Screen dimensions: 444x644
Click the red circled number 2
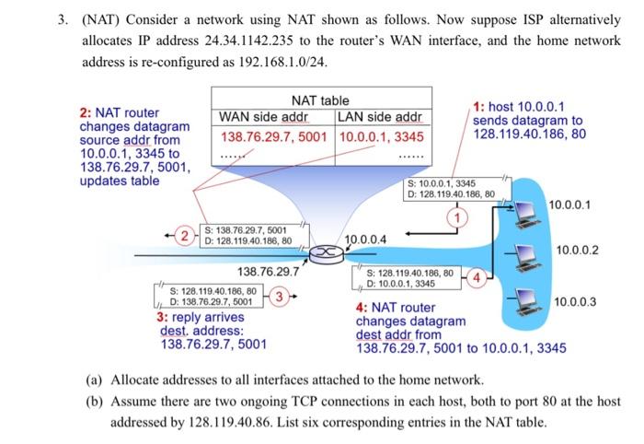tap(185, 236)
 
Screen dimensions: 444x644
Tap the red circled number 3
tap(284, 296)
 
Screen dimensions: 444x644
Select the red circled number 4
tap(476, 276)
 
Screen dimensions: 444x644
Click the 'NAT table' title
tap(319, 100)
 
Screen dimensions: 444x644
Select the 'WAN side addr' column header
tap(263, 117)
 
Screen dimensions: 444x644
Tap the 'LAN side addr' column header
tap(380, 117)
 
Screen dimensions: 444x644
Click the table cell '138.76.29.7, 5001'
tap(275, 136)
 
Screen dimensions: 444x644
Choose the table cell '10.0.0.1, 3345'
tap(381, 136)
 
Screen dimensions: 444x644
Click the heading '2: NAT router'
tap(119, 112)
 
